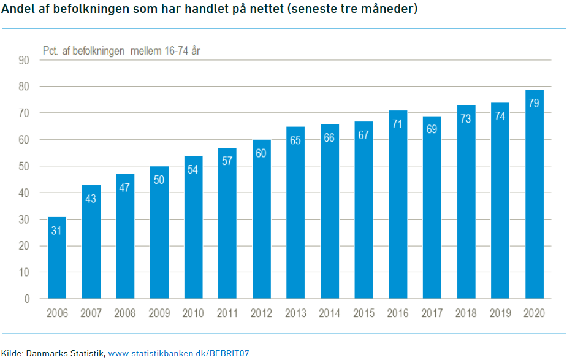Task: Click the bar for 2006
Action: (x=57, y=258)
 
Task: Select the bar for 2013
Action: (x=295, y=213)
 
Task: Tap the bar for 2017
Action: (x=432, y=207)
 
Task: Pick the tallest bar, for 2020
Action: (x=535, y=194)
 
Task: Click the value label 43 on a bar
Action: (x=91, y=199)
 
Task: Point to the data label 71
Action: (x=397, y=124)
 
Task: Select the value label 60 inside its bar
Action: (x=261, y=153)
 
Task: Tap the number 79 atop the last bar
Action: (x=534, y=103)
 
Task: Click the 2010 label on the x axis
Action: (x=193, y=313)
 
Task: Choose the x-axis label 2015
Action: (x=363, y=313)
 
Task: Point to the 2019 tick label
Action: (x=500, y=313)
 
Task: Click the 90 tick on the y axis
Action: (x=24, y=60)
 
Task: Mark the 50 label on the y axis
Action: (x=24, y=166)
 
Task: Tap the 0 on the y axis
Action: (x=27, y=299)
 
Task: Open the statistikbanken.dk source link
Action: (x=178, y=353)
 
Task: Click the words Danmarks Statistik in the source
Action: (x=65, y=353)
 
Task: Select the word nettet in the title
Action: (x=267, y=9)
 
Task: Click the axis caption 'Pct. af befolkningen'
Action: (x=83, y=51)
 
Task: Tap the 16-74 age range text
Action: (x=177, y=50)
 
